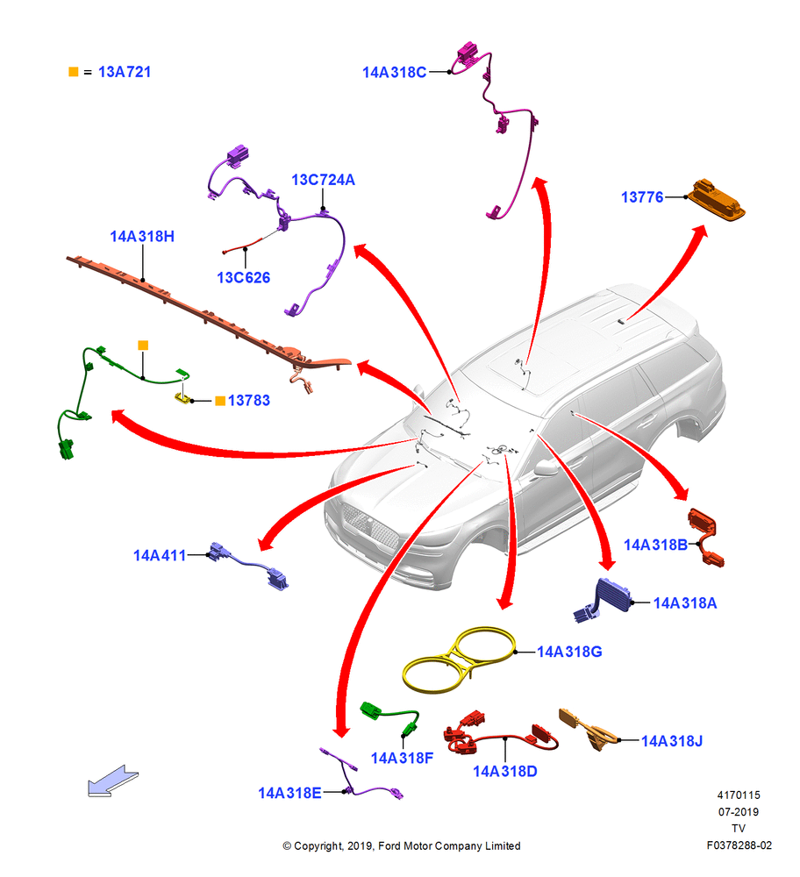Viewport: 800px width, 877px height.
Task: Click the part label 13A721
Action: [125, 72]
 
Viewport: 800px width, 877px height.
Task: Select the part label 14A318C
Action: [395, 72]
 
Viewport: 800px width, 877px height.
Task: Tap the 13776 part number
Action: [642, 196]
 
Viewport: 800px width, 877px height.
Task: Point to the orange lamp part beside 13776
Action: [716, 200]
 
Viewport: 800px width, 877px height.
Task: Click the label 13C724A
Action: [323, 180]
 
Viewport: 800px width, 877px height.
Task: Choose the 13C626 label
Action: [243, 277]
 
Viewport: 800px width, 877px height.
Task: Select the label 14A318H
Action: [142, 237]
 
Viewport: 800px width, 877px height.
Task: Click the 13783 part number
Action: [249, 401]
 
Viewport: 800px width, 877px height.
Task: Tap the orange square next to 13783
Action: [220, 401]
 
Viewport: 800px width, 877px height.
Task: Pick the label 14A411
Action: [160, 555]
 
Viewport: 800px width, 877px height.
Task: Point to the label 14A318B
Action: [655, 545]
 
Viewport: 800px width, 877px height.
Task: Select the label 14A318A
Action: [685, 603]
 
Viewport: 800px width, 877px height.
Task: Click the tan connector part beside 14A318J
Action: [589, 729]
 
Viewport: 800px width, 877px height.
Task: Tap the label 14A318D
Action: [505, 771]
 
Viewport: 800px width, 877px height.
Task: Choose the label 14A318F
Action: [403, 758]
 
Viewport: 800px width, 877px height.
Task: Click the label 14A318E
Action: [289, 793]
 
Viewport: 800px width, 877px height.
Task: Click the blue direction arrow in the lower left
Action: [112, 781]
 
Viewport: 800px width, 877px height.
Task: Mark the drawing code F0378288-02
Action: [739, 845]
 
